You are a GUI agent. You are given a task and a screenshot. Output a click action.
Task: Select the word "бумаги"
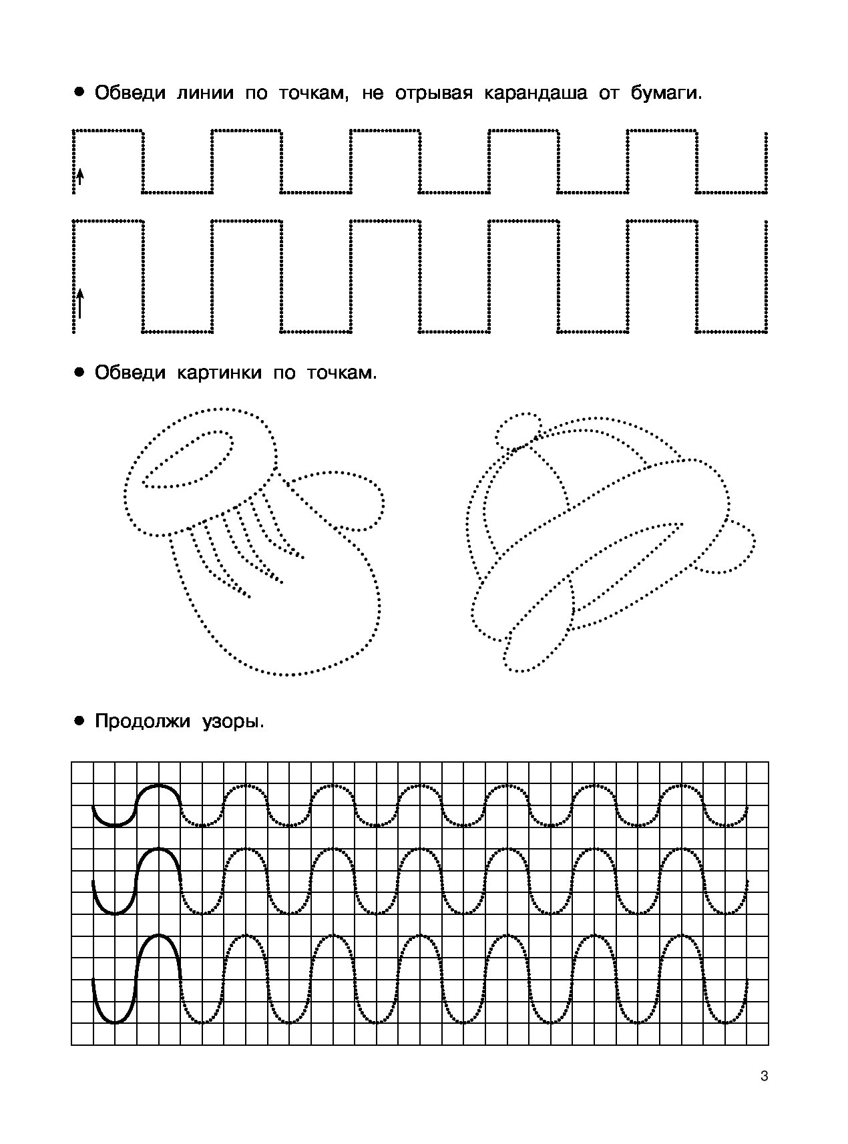[666, 93]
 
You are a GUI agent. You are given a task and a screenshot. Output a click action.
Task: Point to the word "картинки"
[219, 373]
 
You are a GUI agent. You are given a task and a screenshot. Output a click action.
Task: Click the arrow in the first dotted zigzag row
[79, 176]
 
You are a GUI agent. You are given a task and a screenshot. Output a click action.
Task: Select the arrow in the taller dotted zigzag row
[79, 303]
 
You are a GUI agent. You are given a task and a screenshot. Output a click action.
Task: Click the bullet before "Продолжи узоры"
[79, 722]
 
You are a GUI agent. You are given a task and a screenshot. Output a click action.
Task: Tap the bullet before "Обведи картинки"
[79, 373]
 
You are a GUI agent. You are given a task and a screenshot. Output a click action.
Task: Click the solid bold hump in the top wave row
[159, 786]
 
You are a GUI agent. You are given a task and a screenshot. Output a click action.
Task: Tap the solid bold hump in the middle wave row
[159, 850]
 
